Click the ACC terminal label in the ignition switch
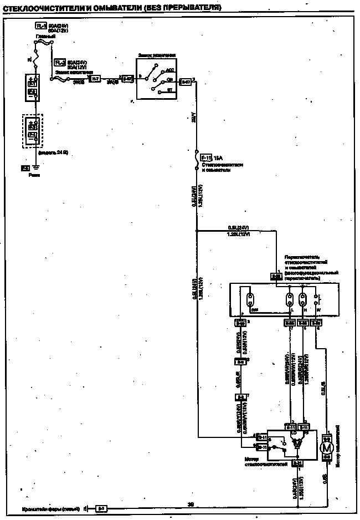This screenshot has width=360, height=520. [x=169, y=71]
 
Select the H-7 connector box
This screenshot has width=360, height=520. [x=95, y=79]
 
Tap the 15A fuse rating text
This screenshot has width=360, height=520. [x=220, y=158]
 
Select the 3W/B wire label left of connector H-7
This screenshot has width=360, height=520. [x=79, y=82]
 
